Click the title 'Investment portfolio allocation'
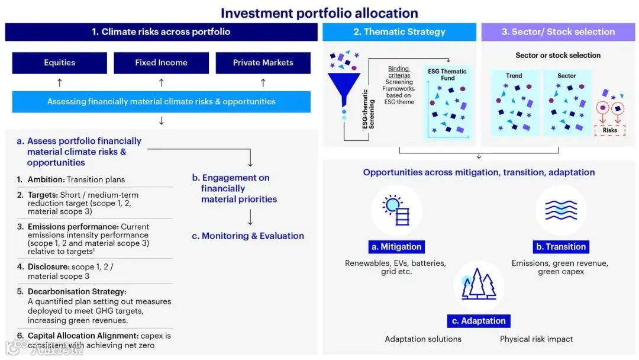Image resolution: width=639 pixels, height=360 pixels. (319, 13)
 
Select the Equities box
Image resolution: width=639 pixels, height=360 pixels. (60, 63)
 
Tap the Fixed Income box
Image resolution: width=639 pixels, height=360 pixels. (161, 63)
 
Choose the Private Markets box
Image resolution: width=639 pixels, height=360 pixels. (263, 63)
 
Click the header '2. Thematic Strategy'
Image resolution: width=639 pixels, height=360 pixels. (399, 32)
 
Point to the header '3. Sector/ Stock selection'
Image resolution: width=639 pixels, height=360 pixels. (558, 32)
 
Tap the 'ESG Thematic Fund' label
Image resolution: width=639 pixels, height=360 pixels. (447, 75)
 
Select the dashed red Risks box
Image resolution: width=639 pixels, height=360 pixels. (609, 130)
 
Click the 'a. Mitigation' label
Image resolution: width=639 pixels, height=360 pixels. (396, 247)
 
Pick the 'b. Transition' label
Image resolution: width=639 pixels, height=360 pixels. (560, 247)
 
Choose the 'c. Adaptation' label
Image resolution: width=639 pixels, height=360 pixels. (479, 321)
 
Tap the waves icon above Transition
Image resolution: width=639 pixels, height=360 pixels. (560, 210)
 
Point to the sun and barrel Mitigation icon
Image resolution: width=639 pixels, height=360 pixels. (396, 210)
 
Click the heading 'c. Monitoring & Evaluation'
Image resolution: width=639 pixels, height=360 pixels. (248, 236)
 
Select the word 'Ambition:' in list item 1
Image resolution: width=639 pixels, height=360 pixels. (46, 179)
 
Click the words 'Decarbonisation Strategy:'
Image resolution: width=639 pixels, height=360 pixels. (77, 291)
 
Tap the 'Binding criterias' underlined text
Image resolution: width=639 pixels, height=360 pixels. (399, 72)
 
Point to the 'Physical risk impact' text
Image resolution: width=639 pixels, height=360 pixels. (536, 339)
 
